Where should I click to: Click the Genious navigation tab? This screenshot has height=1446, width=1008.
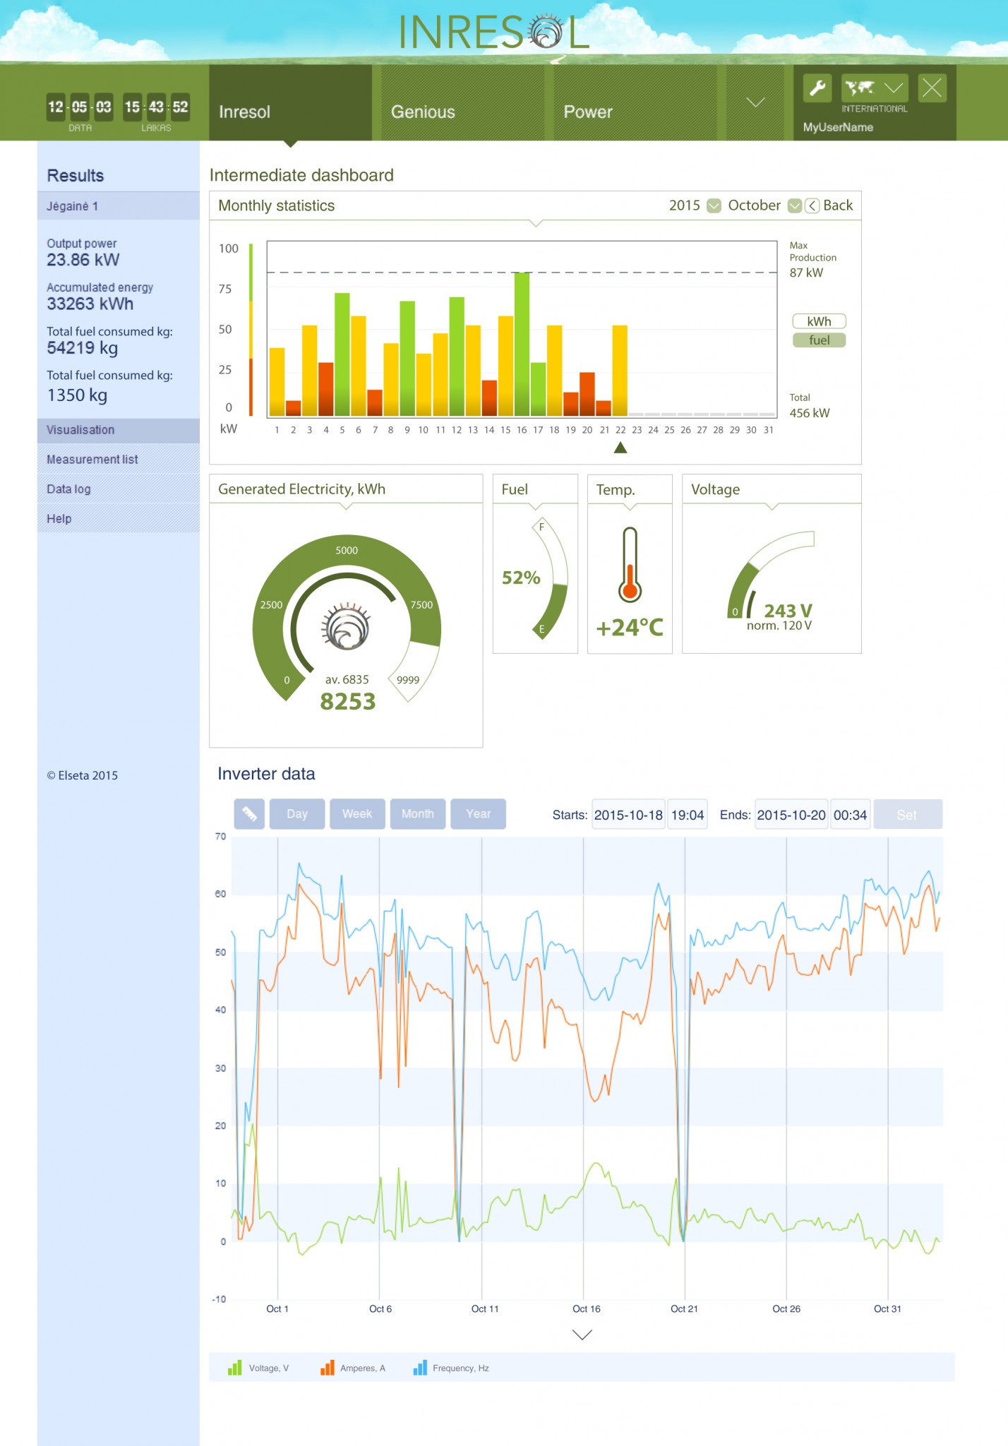point(423,112)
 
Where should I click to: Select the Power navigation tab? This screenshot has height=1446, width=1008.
point(588,112)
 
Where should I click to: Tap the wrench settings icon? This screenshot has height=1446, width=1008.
point(817,88)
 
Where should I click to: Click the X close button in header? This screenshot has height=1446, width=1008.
point(932,88)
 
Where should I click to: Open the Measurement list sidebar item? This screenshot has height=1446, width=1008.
point(92,460)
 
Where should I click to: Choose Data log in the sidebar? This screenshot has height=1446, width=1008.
point(68,489)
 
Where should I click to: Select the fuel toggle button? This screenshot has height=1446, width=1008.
point(819,340)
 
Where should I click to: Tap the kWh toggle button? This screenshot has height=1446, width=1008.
point(819,321)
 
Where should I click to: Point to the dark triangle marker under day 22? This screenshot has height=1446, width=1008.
point(620,448)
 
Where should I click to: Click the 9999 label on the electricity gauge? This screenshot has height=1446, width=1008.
point(408,680)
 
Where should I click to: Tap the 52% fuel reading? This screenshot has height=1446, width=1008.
point(521,578)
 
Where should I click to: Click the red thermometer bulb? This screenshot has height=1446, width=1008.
point(630,590)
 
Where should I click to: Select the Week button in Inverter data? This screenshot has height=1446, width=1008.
point(357,814)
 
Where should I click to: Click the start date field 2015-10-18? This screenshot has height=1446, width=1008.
point(628,815)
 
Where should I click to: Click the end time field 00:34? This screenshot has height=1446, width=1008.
point(850,815)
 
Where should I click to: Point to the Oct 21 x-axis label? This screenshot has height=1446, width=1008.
point(684,1308)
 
